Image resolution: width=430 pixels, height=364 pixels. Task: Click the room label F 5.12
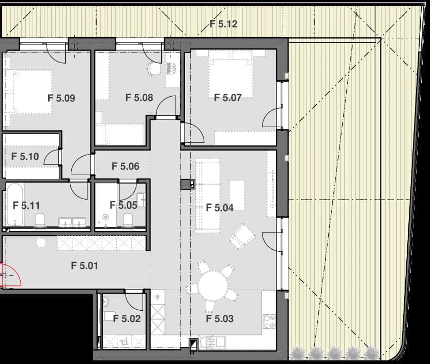click(223, 24)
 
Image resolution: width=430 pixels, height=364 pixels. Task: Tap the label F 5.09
click(61, 98)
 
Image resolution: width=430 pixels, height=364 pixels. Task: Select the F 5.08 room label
click(139, 97)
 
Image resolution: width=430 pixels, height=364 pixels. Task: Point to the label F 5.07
click(227, 97)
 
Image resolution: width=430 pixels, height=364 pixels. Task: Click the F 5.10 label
click(25, 156)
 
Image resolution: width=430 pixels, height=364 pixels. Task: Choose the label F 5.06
click(125, 166)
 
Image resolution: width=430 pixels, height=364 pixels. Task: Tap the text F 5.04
click(220, 208)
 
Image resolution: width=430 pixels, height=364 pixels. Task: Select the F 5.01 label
click(84, 266)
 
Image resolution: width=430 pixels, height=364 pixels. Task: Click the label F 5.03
click(220, 318)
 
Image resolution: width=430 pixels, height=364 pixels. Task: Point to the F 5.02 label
click(127, 318)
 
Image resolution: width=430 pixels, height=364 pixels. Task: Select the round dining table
click(213, 286)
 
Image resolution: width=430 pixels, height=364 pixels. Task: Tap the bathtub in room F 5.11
click(14, 204)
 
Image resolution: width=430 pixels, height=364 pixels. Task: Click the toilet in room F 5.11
click(40, 221)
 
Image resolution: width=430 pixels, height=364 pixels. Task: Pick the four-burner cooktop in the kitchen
click(269, 321)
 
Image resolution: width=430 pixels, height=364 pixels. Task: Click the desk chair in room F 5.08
click(152, 68)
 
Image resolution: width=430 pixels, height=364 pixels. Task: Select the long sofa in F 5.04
click(207, 195)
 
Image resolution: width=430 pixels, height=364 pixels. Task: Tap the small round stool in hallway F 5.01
click(41, 243)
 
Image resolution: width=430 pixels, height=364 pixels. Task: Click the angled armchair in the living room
click(242, 237)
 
